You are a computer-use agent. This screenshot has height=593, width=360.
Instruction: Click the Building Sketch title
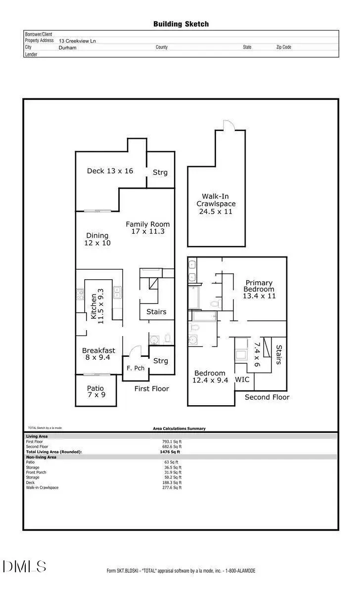tap(180, 24)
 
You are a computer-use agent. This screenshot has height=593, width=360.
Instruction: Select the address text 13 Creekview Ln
tap(78, 41)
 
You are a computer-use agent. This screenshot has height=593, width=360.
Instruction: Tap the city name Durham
tap(67, 47)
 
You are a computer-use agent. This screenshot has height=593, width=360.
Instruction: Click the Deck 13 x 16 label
tap(110, 171)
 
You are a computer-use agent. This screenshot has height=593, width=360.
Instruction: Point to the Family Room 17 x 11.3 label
tap(144, 228)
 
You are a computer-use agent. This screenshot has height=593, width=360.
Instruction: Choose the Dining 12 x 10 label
tap(98, 240)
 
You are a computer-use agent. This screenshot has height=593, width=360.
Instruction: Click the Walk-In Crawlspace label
tap(216, 204)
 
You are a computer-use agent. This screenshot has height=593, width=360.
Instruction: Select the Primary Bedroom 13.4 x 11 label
tap(259, 290)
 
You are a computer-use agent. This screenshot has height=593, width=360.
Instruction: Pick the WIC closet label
tap(242, 380)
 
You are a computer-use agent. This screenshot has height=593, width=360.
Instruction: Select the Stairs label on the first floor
tap(156, 312)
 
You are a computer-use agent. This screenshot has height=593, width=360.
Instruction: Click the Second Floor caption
tap(267, 397)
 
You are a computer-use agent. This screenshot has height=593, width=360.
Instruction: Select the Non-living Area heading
tap(41, 457)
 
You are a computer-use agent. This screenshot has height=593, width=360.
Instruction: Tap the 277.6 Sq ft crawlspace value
tap(172, 488)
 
